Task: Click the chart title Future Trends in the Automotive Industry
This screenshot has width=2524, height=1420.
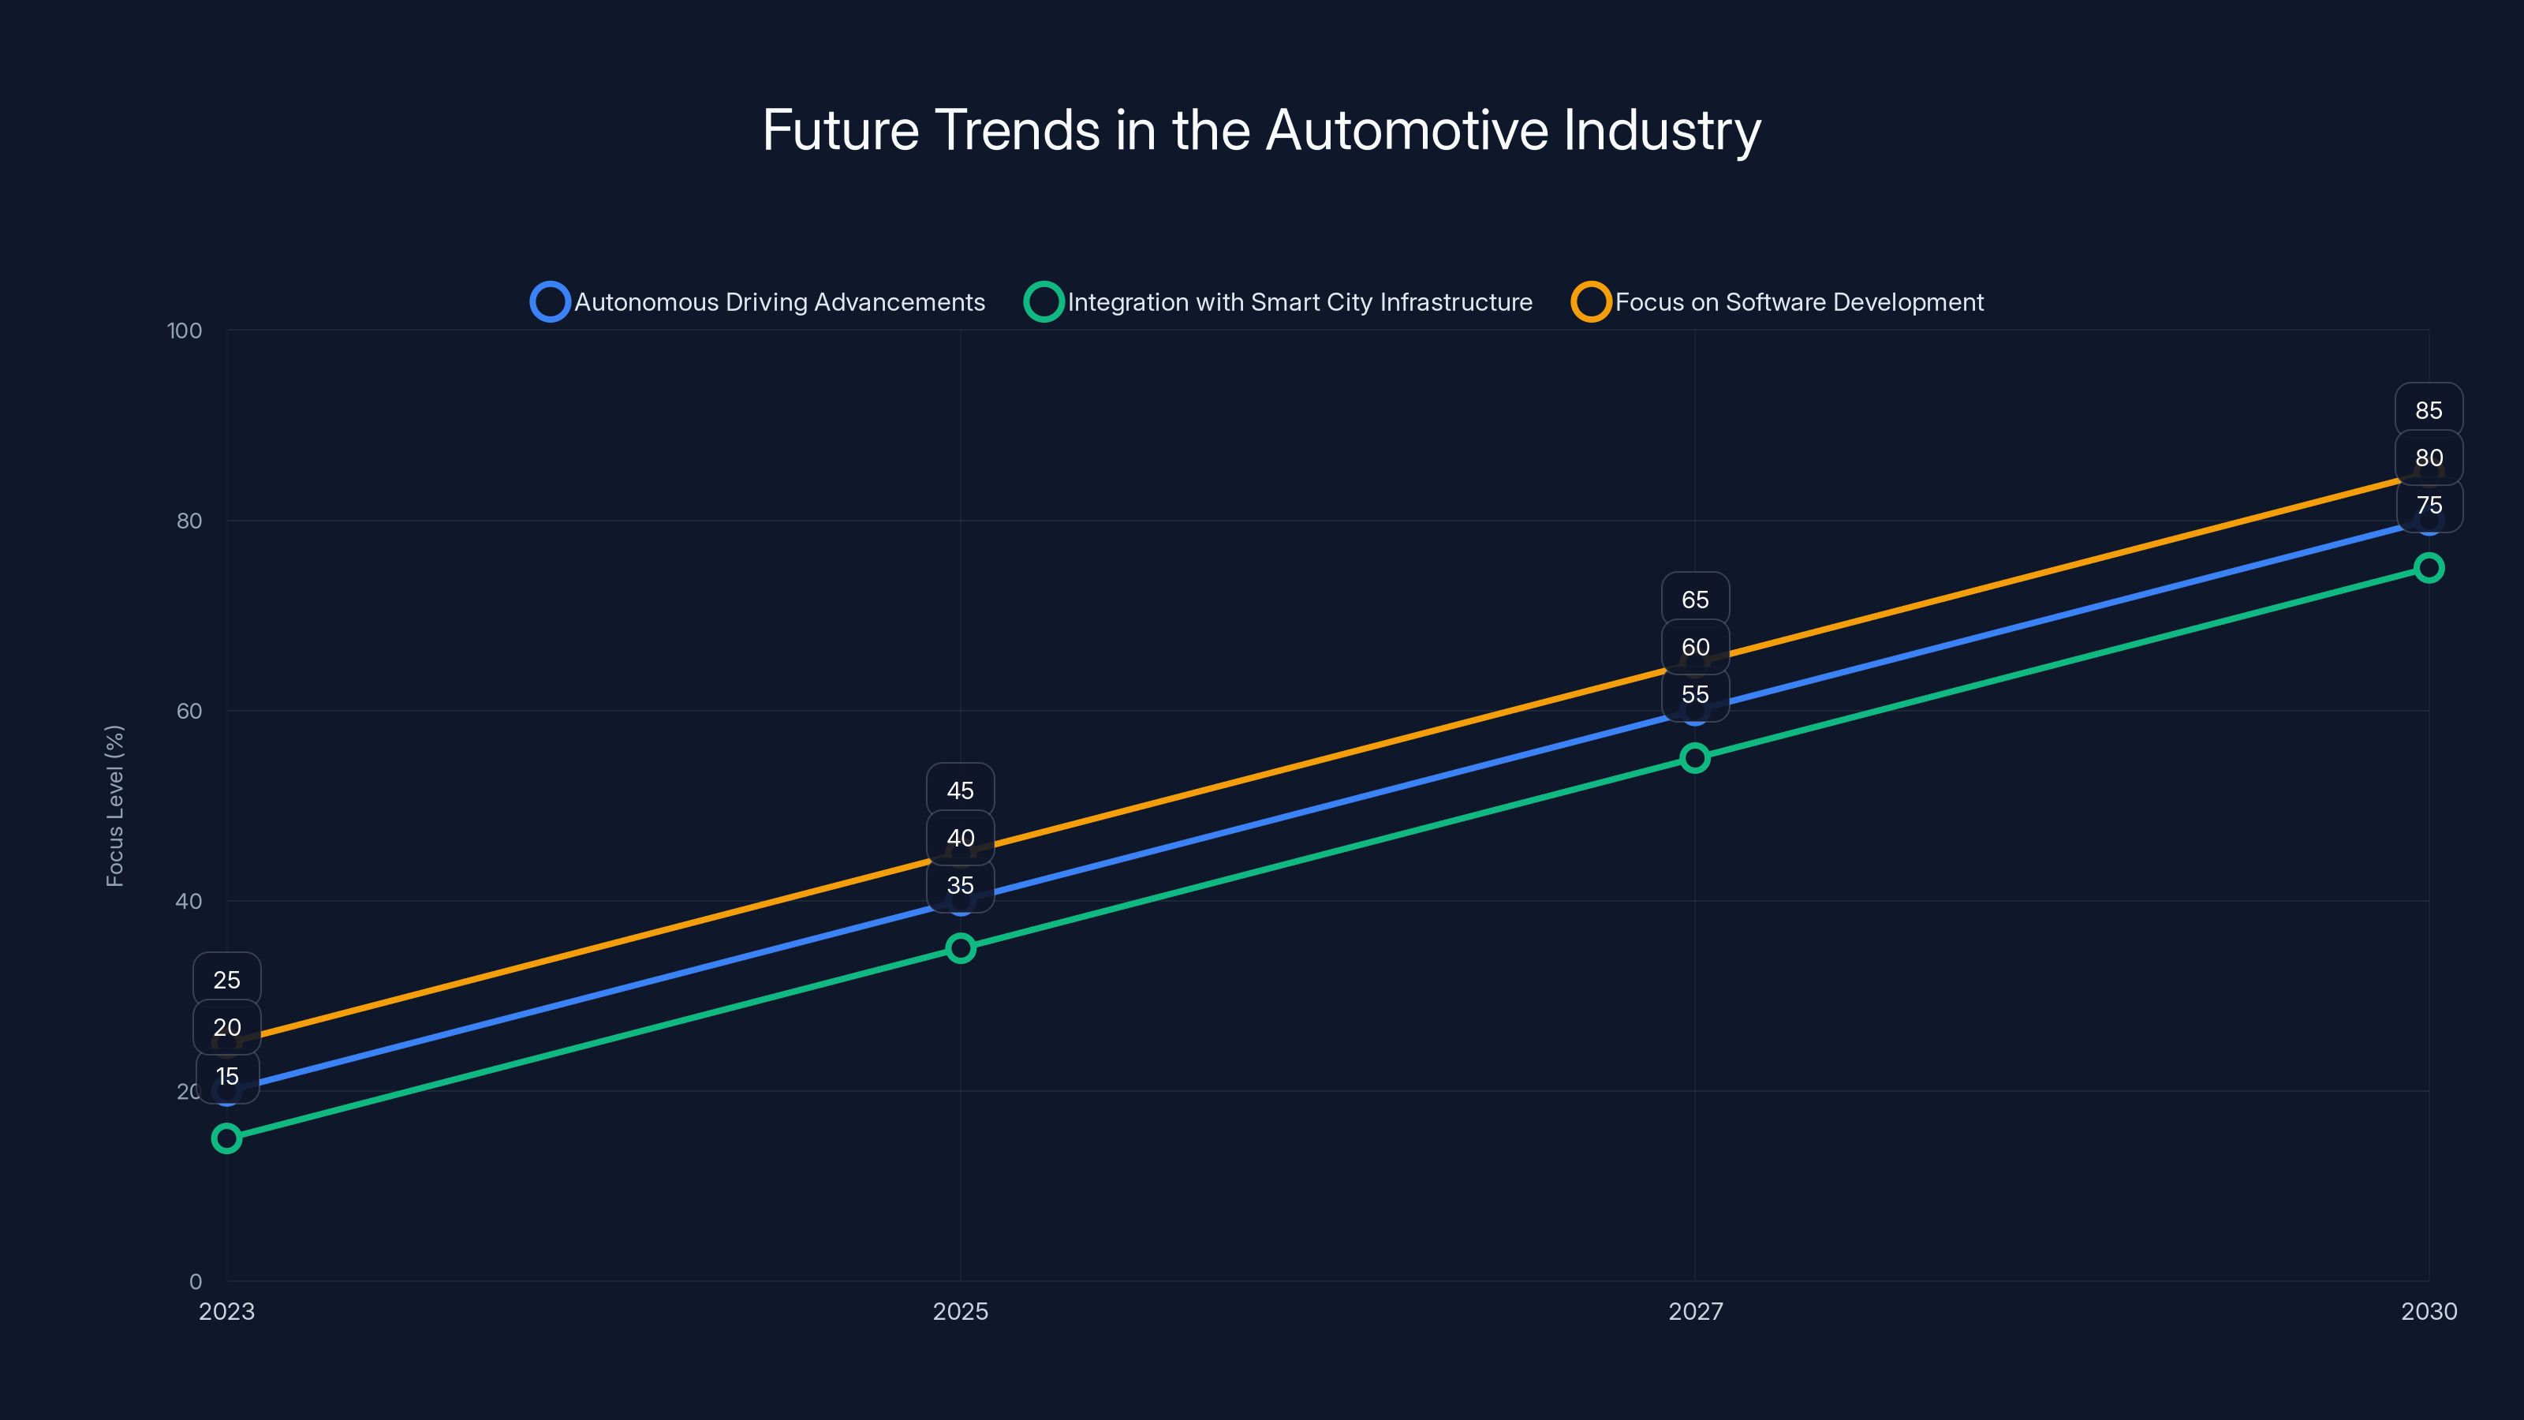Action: tap(1261, 130)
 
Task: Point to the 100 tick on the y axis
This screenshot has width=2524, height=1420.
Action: tap(185, 331)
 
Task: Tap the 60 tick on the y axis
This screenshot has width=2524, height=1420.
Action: tap(189, 712)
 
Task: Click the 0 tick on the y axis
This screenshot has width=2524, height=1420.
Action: tap(196, 1282)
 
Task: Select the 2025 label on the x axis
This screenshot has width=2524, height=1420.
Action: tap(960, 1311)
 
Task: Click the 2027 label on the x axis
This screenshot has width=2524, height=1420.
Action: tap(1695, 1311)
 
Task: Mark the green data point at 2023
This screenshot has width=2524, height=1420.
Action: tap(226, 1138)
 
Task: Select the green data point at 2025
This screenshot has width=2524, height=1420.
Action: tap(960, 947)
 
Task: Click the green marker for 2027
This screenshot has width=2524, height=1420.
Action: tap(1694, 757)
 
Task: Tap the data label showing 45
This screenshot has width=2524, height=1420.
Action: tap(960, 790)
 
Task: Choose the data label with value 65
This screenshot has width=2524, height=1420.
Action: tap(1694, 600)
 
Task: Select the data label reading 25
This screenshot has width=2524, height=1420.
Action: tap(226, 980)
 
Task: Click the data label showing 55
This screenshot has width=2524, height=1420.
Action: tap(1694, 695)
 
